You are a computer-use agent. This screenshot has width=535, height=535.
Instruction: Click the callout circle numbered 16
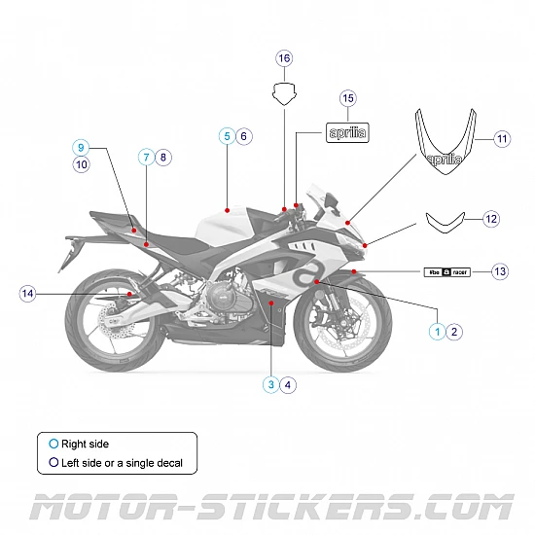point(284,58)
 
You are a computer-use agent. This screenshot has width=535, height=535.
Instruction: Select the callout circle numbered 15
point(347,98)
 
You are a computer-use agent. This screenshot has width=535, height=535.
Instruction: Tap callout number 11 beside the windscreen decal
point(501,138)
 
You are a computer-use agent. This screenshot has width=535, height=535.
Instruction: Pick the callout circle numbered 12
point(490,220)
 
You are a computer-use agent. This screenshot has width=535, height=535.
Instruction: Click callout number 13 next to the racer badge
point(500,270)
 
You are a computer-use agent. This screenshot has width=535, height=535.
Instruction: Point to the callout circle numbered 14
point(27,293)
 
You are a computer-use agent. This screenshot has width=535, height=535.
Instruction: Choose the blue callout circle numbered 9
point(82,147)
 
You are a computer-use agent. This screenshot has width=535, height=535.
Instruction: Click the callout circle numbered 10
point(82,165)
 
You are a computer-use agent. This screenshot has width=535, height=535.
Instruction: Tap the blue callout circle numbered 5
point(226,136)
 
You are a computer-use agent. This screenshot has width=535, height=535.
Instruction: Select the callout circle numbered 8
point(162,156)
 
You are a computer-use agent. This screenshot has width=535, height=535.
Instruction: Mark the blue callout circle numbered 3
point(270,384)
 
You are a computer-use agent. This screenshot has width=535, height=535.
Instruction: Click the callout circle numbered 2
point(454,331)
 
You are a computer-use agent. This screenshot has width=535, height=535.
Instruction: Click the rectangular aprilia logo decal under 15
point(347,133)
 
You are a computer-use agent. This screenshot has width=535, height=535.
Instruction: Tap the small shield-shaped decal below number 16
point(284,94)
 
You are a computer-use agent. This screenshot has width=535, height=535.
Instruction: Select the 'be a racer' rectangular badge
point(446,271)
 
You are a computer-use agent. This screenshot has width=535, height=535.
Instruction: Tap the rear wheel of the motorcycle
point(112,322)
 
